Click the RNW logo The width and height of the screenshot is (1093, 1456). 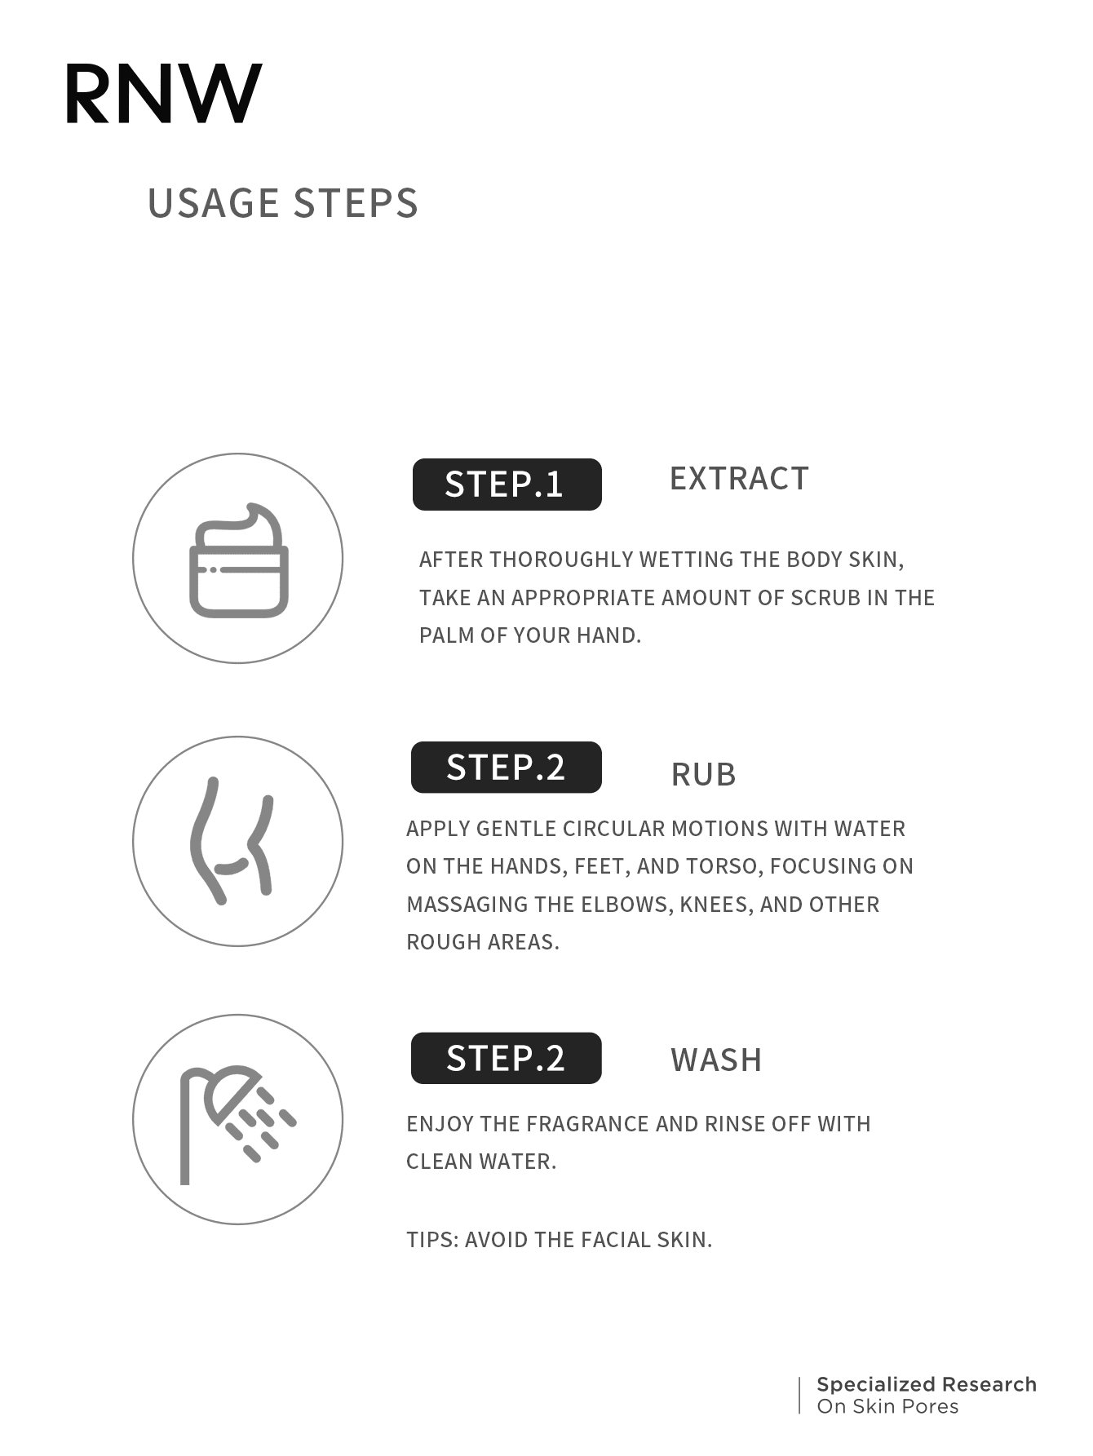pos(163,94)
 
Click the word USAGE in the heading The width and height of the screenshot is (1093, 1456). pos(214,203)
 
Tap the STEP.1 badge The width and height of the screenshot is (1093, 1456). pos(507,485)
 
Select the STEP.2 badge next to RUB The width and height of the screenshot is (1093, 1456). pos(506,767)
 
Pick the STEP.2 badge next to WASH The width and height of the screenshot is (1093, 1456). pos(506,1058)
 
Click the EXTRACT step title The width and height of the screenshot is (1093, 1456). pos(739,479)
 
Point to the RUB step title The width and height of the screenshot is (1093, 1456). pos(703,775)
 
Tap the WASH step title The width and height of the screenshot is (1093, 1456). pos(716,1060)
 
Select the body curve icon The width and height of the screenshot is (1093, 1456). pos(231,840)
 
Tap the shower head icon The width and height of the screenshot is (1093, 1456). pos(237,1124)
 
